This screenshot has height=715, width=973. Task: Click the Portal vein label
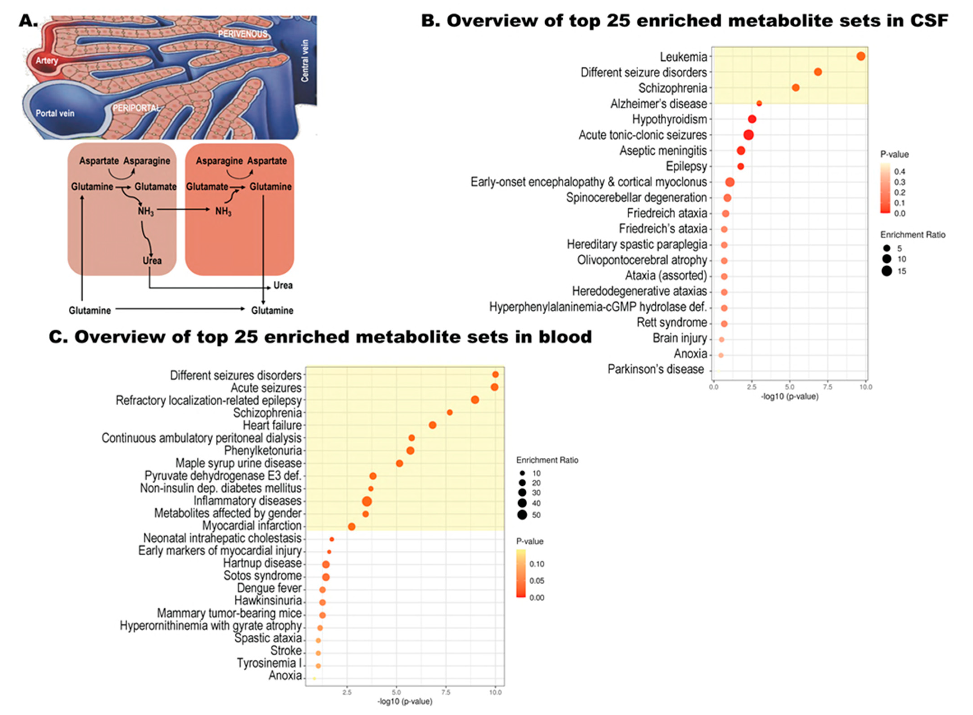55,113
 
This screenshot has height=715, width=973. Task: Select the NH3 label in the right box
223,212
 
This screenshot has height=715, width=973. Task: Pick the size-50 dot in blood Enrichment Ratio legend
522,515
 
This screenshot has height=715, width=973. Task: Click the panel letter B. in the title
430,21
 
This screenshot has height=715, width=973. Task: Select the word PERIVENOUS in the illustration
243,34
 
